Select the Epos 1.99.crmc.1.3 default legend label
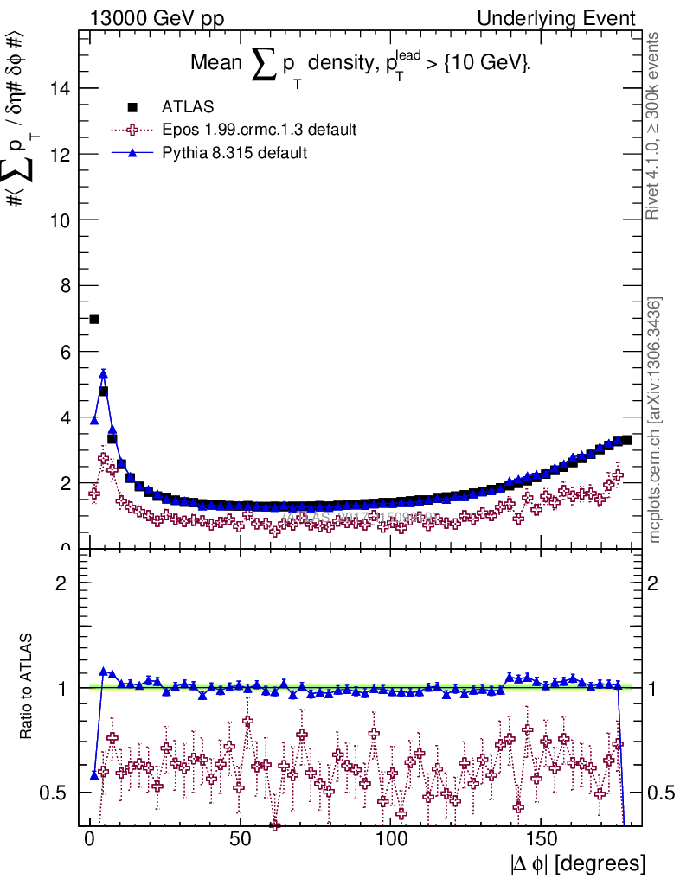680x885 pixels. (x=259, y=131)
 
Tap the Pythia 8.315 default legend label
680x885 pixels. (x=234, y=153)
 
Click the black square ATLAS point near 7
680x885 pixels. (x=94, y=319)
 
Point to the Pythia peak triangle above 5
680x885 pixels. (x=103, y=374)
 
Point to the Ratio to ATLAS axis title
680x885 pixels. (x=27, y=687)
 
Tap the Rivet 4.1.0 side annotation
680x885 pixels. (x=654, y=125)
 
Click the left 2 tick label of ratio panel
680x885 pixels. (x=61, y=583)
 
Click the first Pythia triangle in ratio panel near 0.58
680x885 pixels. (x=94, y=774)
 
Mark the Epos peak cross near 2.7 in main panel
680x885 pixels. (x=104, y=458)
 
